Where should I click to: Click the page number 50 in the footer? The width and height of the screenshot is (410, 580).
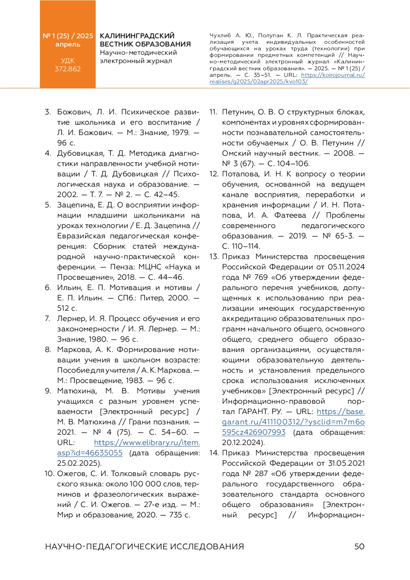coord(359,547)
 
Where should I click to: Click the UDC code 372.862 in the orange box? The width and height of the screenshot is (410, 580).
coord(68,69)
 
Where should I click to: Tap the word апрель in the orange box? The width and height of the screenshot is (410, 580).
coord(68,44)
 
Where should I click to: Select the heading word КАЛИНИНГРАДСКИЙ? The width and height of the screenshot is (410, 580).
coord(137,36)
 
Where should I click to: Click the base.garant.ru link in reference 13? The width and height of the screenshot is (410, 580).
coord(293,422)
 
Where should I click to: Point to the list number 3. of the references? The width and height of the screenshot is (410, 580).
coord(48,112)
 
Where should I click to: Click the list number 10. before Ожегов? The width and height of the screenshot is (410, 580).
coord(49,474)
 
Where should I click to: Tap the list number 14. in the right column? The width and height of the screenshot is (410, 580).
coord(214,453)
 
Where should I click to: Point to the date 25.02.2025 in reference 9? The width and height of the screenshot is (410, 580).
coord(79,463)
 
